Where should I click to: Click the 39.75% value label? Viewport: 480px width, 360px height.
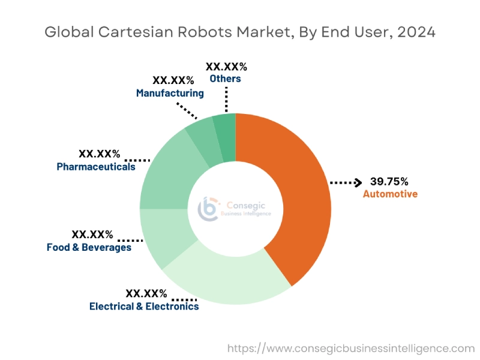[389, 181]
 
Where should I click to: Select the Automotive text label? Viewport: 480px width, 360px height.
[390, 194]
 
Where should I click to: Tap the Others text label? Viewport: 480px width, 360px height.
[226, 79]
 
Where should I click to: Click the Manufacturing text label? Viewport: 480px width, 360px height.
[170, 93]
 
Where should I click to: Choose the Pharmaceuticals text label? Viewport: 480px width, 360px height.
[96, 167]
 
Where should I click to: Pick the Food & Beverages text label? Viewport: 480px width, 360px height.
[89, 247]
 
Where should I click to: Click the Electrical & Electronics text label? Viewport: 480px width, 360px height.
[144, 306]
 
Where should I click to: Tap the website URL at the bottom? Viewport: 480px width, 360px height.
[351, 347]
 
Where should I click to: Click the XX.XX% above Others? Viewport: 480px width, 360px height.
[226, 66]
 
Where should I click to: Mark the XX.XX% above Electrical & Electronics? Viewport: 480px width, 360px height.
[146, 293]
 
